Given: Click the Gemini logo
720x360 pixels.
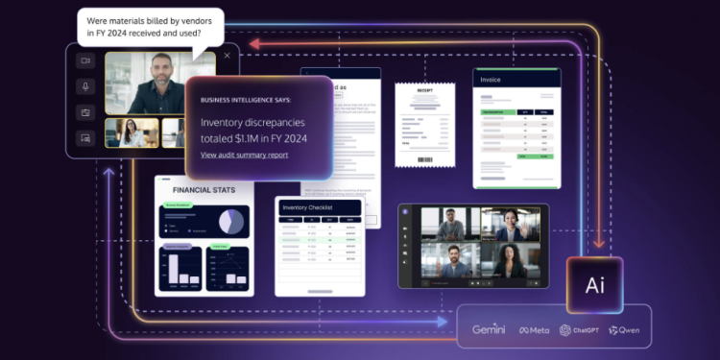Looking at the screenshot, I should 488,329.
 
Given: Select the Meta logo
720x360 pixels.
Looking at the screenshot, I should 535,330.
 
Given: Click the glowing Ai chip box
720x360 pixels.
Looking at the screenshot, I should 594,284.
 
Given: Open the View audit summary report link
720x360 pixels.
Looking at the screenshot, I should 244,155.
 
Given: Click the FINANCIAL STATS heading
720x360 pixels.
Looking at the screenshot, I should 204,190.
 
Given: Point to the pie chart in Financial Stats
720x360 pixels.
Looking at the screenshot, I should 230,222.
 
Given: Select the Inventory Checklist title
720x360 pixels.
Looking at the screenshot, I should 307,207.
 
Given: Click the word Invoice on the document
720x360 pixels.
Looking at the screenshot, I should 492,81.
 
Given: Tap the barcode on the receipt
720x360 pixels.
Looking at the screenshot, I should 423,158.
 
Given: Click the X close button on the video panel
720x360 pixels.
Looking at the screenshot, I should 228,56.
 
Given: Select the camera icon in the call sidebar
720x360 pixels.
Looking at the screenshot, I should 84,60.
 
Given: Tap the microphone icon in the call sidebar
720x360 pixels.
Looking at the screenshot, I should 84,86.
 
